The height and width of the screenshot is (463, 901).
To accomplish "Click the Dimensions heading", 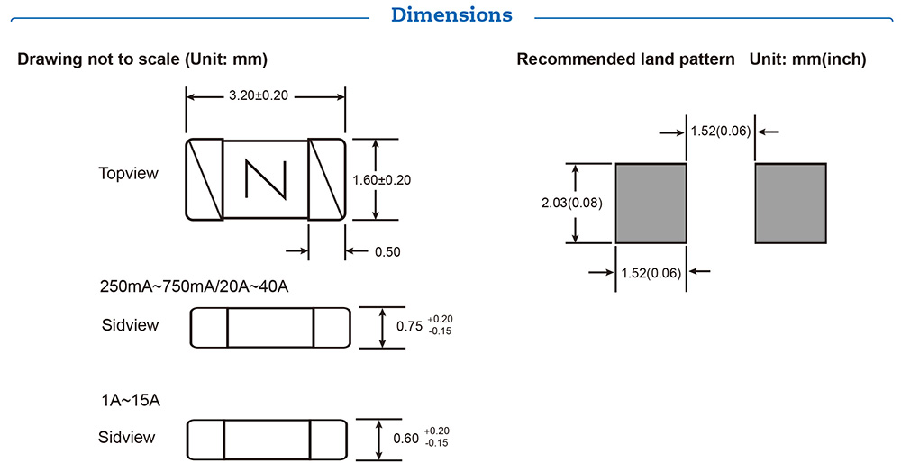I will (x=451, y=14).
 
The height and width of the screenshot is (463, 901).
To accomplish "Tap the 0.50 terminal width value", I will (x=387, y=251).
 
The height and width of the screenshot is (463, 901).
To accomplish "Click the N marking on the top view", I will (x=266, y=178).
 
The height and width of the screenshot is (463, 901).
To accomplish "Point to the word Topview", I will (x=128, y=173).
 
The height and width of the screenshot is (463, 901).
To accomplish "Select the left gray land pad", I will (x=651, y=203).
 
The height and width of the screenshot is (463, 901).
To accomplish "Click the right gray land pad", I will (x=790, y=203).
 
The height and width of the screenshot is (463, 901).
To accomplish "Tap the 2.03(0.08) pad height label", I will (x=572, y=203).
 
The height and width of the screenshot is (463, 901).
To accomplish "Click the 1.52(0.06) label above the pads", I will (x=721, y=132).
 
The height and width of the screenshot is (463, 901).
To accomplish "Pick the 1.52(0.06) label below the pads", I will (x=651, y=272).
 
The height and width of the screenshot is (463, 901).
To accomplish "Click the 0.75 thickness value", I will (x=410, y=326).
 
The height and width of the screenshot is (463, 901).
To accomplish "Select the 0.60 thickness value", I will (x=406, y=439).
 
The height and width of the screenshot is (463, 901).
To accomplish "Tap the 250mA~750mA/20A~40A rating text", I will (x=194, y=287).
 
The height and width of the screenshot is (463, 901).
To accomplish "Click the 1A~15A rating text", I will (x=130, y=401).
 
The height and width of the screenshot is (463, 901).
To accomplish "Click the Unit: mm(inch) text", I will (x=807, y=59).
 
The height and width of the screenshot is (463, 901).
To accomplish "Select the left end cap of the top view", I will (x=205, y=178).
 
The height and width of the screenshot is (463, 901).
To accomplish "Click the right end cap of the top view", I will (x=327, y=178).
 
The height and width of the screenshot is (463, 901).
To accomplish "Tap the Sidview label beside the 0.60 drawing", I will (x=126, y=438).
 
